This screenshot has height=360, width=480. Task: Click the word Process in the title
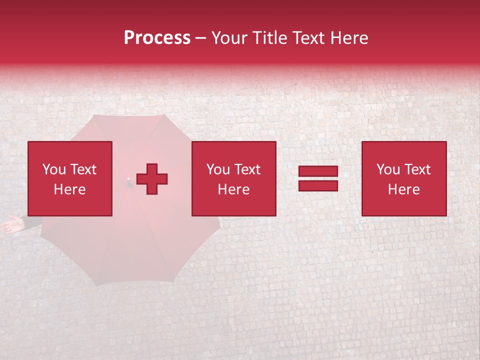pyautogui.click(x=157, y=38)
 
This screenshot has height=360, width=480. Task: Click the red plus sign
pyautogui.click(x=152, y=178)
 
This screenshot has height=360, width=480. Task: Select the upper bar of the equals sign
pyautogui.click(x=318, y=171)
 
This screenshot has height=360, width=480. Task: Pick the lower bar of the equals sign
pyautogui.click(x=318, y=185)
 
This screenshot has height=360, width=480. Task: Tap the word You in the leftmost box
pyautogui.click(x=54, y=169)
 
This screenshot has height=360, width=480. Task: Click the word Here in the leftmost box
pyautogui.click(x=69, y=189)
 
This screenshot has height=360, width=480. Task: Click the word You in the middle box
pyautogui.click(x=218, y=169)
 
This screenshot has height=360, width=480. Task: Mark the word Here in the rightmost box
pyautogui.click(x=403, y=189)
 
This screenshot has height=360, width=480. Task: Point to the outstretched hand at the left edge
pyautogui.click(x=11, y=225)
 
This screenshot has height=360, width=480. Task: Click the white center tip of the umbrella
pyautogui.click(x=128, y=178)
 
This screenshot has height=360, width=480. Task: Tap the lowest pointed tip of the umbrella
pyautogui.click(x=96, y=285)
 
